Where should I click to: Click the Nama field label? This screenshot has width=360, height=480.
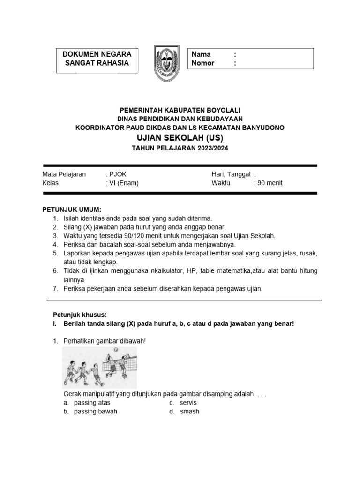pyautogui.click(x=201, y=54)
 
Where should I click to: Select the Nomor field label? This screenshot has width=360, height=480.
pyautogui.click(x=203, y=63)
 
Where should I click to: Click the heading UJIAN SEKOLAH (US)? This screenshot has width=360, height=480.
pyautogui.click(x=180, y=138)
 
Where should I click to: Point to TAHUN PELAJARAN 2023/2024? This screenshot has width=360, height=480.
pyautogui.click(x=180, y=148)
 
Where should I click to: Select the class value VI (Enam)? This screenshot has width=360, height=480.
pyautogui.click(x=124, y=183)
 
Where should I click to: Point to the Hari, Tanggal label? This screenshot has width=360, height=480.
pyautogui.click(x=231, y=174)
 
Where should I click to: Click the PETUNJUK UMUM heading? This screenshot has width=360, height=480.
pyautogui.click(x=72, y=209)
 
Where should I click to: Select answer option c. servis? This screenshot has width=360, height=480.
pyautogui.click(x=188, y=403)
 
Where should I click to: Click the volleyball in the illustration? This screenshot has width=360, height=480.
pyautogui.click(x=116, y=350)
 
